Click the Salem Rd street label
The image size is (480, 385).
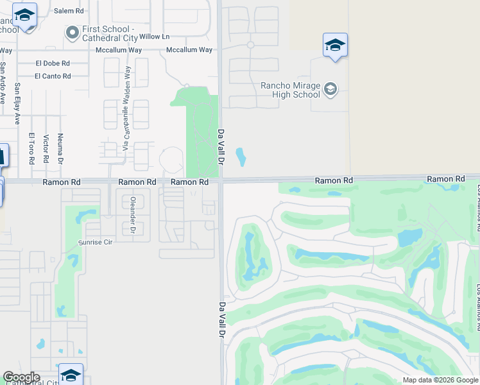click(69, 11)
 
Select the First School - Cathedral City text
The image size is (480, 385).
click(107, 33)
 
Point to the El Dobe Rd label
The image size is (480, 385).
click(53, 64)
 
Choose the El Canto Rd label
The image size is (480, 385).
click(53, 76)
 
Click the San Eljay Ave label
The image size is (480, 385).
click(17, 103)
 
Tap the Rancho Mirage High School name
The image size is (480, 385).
click(290, 90)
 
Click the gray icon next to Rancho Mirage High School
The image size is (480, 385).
click(330, 89)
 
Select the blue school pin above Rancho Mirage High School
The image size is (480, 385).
click(335, 46)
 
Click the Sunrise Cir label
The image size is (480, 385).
click(95, 243)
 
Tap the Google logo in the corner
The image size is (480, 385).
click(21, 377)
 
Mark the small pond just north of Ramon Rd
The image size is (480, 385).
click(241, 156)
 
